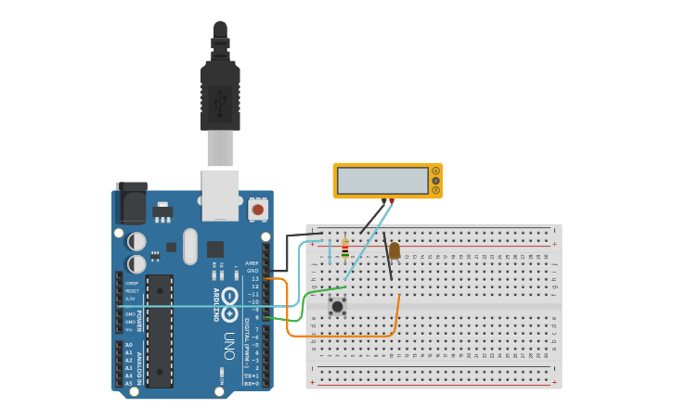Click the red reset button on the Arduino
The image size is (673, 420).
point(258,210)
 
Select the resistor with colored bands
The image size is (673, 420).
point(345,249)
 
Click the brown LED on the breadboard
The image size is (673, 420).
point(395,250)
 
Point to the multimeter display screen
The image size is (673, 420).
point(382,180)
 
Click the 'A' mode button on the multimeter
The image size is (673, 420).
point(435,171)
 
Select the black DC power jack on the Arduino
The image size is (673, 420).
point(131,203)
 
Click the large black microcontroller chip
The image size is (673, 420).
point(160,330)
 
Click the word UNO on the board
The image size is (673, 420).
point(228,346)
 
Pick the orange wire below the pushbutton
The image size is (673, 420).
point(343,336)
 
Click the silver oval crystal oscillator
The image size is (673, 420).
point(190,247)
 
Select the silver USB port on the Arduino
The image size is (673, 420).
point(220,195)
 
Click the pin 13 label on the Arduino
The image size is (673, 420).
point(255,278)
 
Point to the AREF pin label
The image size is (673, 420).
point(252,263)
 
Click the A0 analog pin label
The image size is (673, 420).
point(128,345)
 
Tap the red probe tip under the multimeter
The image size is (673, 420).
point(392,201)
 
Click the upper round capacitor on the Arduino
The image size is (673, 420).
point(136,241)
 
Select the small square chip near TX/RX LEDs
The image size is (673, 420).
point(215,248)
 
